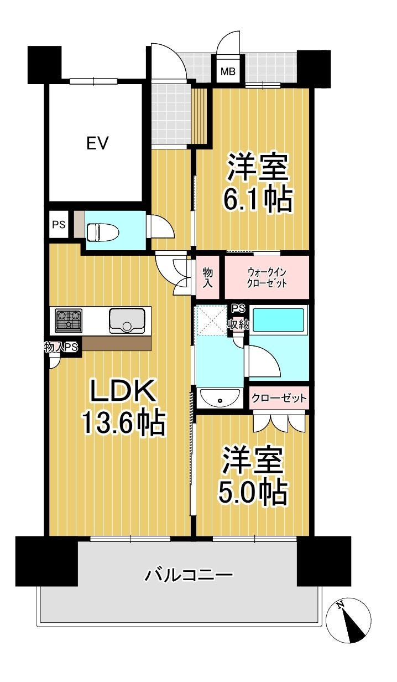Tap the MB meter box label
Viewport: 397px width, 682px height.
228,72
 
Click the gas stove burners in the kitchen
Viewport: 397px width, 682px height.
69,321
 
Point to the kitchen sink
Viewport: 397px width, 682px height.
127,321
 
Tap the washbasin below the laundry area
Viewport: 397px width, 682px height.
220,398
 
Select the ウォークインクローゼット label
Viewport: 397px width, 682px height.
267,277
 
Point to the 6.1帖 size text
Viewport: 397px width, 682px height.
258,199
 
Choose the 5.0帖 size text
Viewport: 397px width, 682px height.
253,492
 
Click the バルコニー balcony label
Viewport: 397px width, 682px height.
189,575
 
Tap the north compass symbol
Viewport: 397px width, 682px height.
348,620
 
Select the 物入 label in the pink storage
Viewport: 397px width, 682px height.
207,277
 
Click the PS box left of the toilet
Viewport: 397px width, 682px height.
59,225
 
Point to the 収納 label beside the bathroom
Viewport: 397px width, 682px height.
238,325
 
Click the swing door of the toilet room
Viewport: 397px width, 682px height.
161,226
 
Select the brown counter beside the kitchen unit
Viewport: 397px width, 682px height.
117,343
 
